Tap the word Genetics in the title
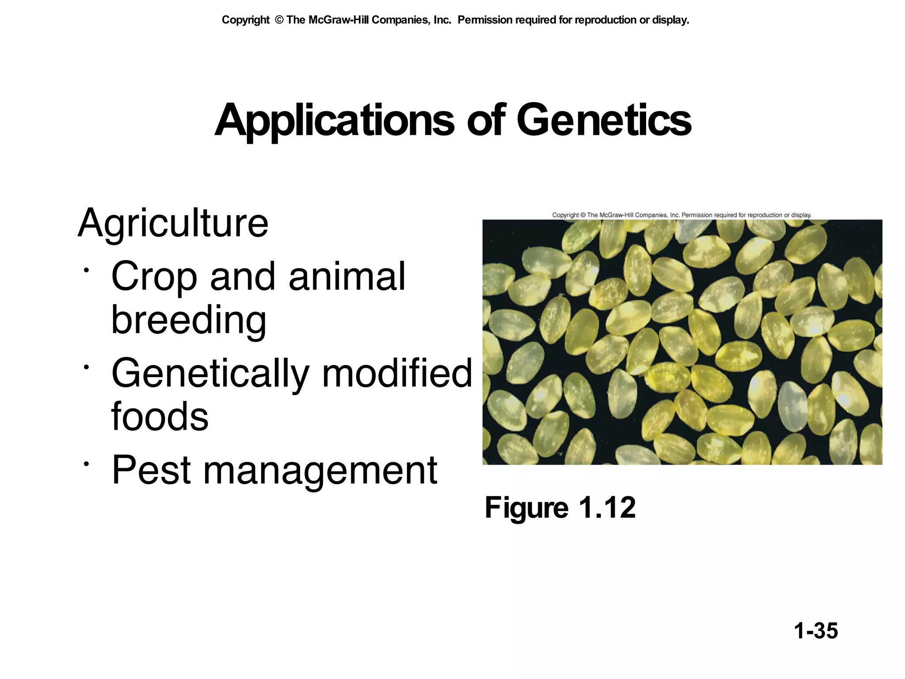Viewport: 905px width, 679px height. tap(604, 120)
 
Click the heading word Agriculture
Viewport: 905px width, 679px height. tap(173, 224)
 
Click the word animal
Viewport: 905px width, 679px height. tap(347, 277)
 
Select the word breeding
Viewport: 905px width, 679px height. tap(189, 320)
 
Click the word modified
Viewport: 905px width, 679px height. tap(397, 374)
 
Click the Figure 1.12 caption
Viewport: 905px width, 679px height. tap(560, 508)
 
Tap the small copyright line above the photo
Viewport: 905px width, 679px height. tap(681, 215)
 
